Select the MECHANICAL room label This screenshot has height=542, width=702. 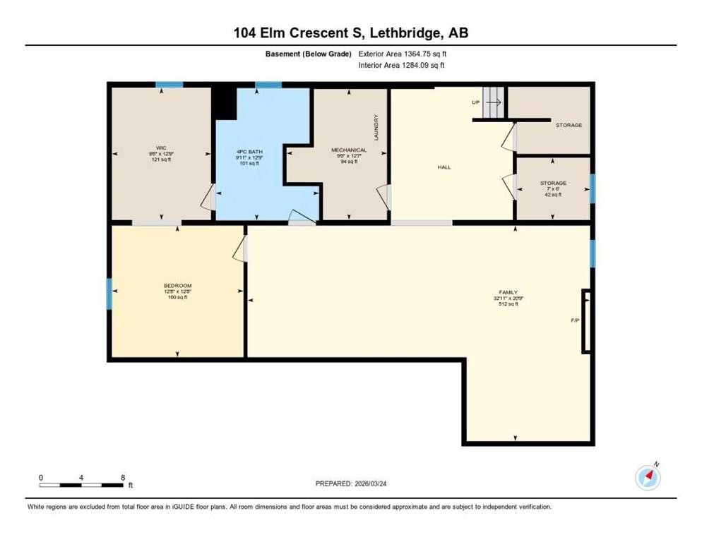[x=349, y=150]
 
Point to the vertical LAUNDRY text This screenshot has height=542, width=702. [x=376, y=128]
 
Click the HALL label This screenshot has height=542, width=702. [x=444, y=167]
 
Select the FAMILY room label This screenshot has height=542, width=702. [x=508, y=292]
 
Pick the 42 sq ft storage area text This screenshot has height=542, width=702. [x=553, y=195]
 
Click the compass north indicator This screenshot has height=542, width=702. [x=648, y=477]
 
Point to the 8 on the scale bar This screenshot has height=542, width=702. [x=123, y=478]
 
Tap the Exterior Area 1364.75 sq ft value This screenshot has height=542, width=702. [x=403, y=54]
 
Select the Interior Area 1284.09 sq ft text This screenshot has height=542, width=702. [x=402, y=66]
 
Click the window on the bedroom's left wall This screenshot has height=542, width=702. [x=109, y=294]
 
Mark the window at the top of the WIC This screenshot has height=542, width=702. [x=169, y=85]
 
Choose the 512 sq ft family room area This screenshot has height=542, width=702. [x=508, y=304]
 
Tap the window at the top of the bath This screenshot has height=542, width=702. [x=268, y=85]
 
